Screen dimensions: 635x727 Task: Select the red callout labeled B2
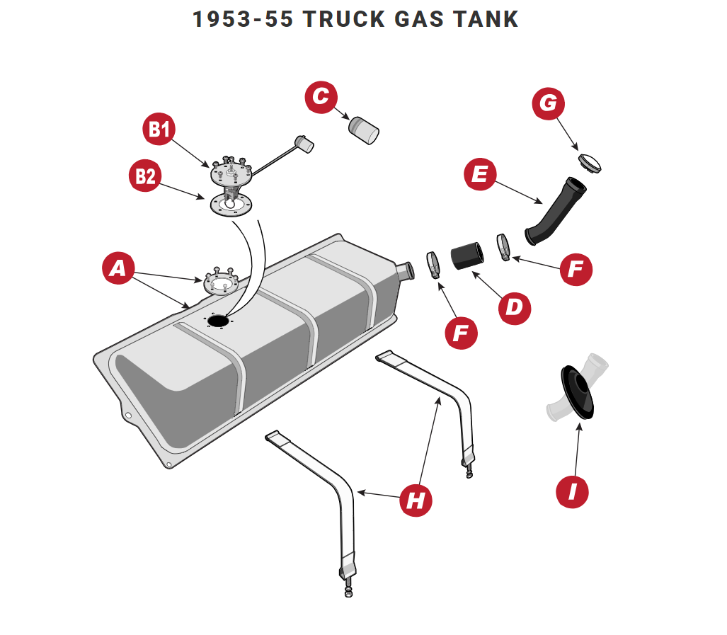(146, 176)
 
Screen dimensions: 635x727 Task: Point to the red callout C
(321, 97)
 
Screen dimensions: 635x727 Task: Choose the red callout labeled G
(549, 104)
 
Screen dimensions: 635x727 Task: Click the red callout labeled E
(480, 175)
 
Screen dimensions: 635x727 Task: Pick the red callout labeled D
(514, 307)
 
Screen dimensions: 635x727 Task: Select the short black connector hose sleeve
(466, 256)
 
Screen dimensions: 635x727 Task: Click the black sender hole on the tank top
(218, 321)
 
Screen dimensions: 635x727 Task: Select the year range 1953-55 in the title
(242, 19)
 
